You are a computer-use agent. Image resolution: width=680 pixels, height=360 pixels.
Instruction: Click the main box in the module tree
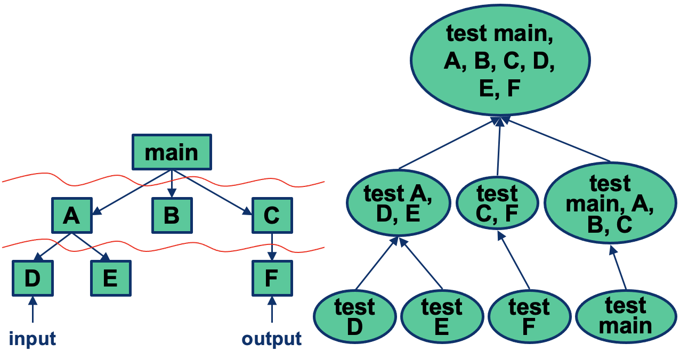(x=172, y=152)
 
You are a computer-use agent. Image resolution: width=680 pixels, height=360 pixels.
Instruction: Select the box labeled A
(x=72, y=215)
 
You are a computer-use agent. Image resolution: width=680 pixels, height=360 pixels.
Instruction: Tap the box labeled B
(x=172, y=215)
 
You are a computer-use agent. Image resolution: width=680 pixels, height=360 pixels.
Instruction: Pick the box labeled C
(x=272, y=215)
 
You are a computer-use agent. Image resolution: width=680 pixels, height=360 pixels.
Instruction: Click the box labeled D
(x=32, y=278)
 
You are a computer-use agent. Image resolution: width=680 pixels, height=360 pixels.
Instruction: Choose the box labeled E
(x=110, y=278)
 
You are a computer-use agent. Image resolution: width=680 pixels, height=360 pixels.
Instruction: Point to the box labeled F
(x=272, y=278)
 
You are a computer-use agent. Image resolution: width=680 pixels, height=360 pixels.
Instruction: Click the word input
(x=32, y=339)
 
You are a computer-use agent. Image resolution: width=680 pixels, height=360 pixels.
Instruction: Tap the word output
(x=272, y=339)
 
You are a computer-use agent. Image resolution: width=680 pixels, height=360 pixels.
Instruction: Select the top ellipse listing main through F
(x=500, y=61)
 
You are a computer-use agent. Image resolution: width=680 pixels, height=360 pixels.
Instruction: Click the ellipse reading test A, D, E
(x=398, y=203)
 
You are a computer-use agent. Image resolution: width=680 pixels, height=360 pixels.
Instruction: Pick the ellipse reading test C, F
(x=497, y=203)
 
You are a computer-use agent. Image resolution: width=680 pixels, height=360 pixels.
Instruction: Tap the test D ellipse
(x=354, y=317)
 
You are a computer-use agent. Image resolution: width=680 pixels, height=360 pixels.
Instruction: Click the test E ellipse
(x=441, y=317)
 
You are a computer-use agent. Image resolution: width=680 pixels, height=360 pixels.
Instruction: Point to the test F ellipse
(x=528, y=317)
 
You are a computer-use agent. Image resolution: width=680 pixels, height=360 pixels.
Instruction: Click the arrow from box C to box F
(x=272, y=246)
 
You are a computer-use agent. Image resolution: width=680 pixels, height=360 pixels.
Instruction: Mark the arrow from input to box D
(x=32, y=309)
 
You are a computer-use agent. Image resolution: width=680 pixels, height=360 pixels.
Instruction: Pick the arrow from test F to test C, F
(x=514, y=261)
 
